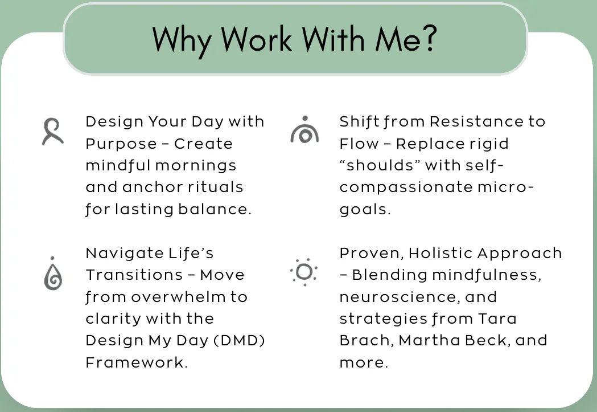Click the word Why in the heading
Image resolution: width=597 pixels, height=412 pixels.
tap(182, 40)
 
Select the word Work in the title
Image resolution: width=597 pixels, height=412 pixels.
tap(257, 38)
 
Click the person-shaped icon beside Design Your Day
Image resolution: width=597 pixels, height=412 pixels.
tap(52, 132)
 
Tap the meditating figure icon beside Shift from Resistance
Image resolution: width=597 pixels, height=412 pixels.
tap(304, 129)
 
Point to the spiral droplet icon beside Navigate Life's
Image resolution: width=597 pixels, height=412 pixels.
tap(53, 274)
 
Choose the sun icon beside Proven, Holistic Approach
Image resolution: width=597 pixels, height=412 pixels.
tap(304, 272)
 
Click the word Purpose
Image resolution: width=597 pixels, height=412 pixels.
tap(121, 144)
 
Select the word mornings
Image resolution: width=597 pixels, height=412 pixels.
tap(196, 166)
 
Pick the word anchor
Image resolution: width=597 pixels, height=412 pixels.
tap(153, 187)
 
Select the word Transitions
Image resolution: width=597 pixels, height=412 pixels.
tap(134, 275)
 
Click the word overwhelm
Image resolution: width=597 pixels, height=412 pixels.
tap(179, 297)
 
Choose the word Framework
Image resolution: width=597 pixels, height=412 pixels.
tap(137, 362)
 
